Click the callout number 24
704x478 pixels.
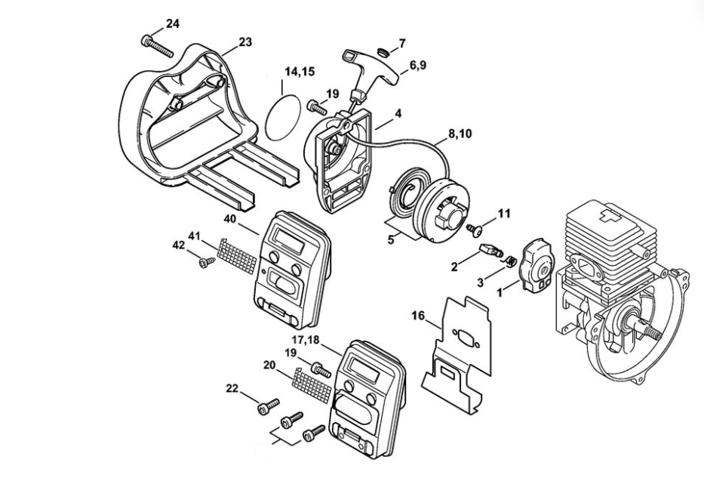(173, 23)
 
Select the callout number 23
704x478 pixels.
(244, 42)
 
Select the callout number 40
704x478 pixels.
(231, 218)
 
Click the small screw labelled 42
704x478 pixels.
(204, 262)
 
